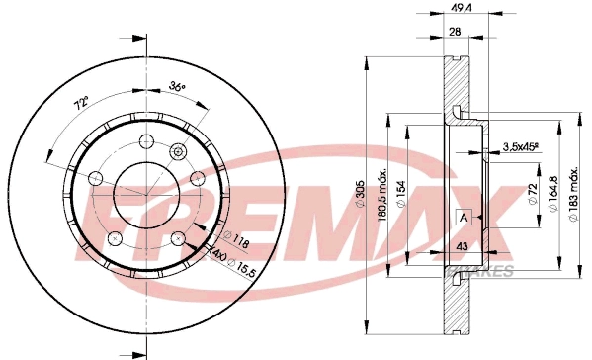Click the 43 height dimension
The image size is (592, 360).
pos(462,245)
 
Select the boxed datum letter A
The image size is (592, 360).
pos(462,218)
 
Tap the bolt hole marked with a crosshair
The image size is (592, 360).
pos(178,151)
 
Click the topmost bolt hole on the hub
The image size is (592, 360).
pos(146,140)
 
